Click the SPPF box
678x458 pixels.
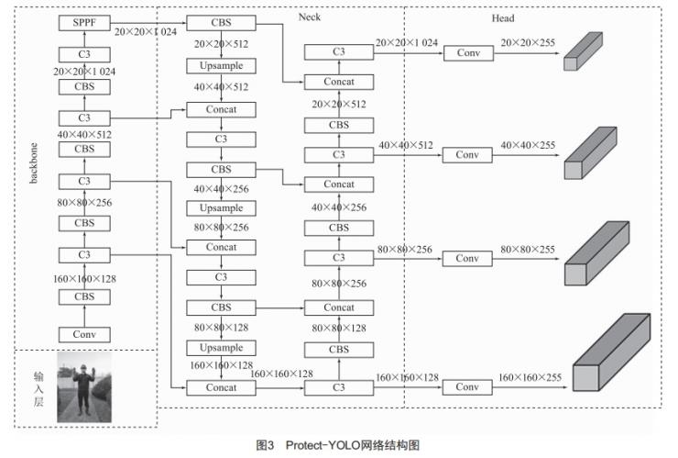coord(84,21)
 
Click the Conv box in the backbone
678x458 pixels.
coord(84,334)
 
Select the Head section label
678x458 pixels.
coord(502,17)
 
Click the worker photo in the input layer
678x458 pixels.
coord(84,386)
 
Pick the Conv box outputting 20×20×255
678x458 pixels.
coord(467,53)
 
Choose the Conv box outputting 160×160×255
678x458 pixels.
coord(467,387)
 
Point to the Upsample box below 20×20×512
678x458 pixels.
coord(221,66)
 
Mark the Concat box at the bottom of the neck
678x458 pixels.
coord(221,387)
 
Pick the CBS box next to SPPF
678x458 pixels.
coord(221,21)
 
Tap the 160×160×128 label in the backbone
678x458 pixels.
coord(84,276)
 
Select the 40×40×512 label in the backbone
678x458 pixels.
coord(84,133)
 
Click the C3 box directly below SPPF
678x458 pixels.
coord(84,54)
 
